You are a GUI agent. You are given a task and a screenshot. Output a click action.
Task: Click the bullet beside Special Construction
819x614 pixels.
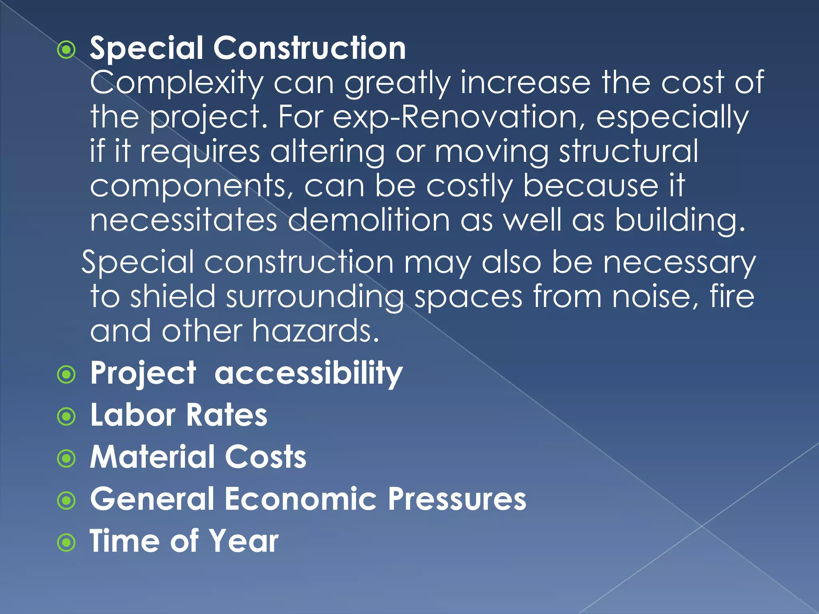(66, 50)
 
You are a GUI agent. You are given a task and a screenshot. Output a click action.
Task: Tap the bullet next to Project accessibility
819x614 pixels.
(66, 375)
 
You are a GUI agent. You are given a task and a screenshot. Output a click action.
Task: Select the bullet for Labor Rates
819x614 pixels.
(66, 417)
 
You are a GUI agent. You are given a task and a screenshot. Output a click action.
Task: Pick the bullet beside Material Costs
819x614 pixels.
(66, 459)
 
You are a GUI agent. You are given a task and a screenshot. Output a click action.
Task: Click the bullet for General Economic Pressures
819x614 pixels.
(66, 501)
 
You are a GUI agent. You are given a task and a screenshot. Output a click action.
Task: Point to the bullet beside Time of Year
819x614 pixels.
(66, 543)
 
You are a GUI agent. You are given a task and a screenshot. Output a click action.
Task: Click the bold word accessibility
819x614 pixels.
(308, 373)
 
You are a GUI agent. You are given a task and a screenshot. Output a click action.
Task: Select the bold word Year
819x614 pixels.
(244, 541)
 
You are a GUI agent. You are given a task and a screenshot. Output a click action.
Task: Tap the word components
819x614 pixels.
(192, 186)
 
